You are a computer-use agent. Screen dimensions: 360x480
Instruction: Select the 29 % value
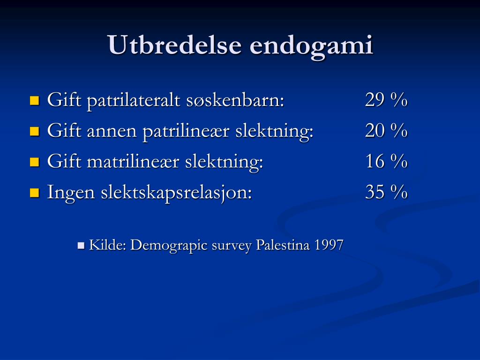(386, 100)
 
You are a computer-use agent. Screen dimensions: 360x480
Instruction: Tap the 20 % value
(386, 131)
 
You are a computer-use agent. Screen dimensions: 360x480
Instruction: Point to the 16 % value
(386, 162)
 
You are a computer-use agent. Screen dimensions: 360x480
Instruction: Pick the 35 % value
(386, 192)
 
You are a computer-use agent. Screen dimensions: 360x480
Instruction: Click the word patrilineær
(186, 132)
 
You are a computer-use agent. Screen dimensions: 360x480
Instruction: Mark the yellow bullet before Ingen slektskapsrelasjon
(34, 192)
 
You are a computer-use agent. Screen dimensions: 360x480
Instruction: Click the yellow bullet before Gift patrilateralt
(34, 100)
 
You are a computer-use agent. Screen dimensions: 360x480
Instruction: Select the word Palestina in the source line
(283, 245)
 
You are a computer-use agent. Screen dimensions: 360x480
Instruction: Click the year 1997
(329, 245)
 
